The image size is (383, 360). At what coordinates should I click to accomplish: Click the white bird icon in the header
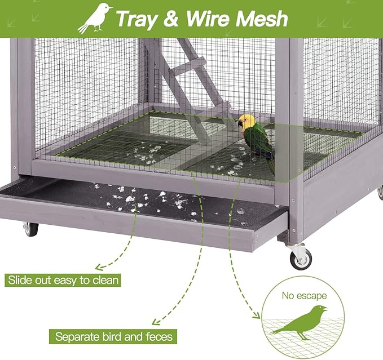point(95,18)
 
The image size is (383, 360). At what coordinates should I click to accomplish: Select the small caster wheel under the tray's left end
point(30,229)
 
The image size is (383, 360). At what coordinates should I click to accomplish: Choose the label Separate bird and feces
point(113,337)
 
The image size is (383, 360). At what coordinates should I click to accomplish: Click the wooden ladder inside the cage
point(192,85)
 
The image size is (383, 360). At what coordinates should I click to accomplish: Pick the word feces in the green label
point(157,337)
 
